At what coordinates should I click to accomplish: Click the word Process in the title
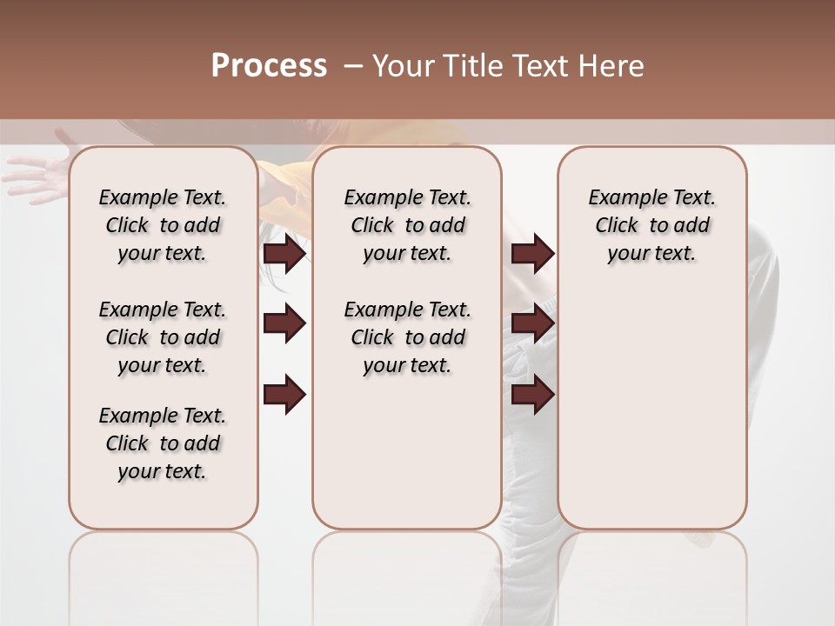[x=269, y=66]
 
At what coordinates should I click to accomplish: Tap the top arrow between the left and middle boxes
[x=284, y=253]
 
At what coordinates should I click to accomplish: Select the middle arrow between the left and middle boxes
[x=284, y=324]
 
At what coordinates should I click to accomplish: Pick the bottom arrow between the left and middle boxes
[x=284, y=395]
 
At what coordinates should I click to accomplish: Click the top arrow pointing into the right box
[x=532, y=253]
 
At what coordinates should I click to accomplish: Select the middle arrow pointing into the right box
[x=532, y=324]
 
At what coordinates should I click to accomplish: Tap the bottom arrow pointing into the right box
[x=532, y=395]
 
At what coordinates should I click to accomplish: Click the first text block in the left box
[x=163, y=225]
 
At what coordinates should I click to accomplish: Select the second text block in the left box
[x=163, y=337]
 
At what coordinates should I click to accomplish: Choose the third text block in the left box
[x=163, y=443]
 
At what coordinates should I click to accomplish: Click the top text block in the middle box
[x=407, y=225]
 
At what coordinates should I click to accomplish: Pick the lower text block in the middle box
[x=407, y=337]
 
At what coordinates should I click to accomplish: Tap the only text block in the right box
[x=652, y=225]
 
